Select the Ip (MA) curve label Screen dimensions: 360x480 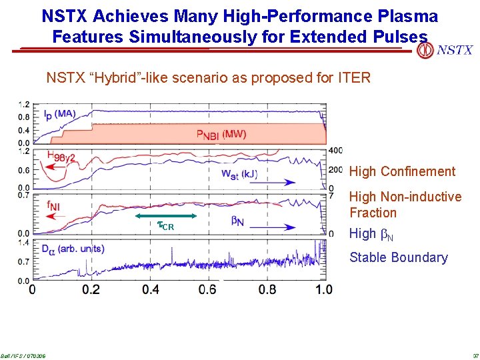59,114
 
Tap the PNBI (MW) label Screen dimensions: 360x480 221,134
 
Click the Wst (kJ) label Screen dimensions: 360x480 239,174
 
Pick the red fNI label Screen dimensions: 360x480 53,207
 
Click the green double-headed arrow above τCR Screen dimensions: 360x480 166,216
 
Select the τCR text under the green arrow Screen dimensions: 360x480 165,226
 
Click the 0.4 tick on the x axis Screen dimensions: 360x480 151,289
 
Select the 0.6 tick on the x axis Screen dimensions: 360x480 209,289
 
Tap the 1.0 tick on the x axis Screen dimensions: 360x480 324,289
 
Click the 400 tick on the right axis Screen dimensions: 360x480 336,150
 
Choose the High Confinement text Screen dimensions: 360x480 402,171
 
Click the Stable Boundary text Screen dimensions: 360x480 399,257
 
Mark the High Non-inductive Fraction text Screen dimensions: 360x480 405,205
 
